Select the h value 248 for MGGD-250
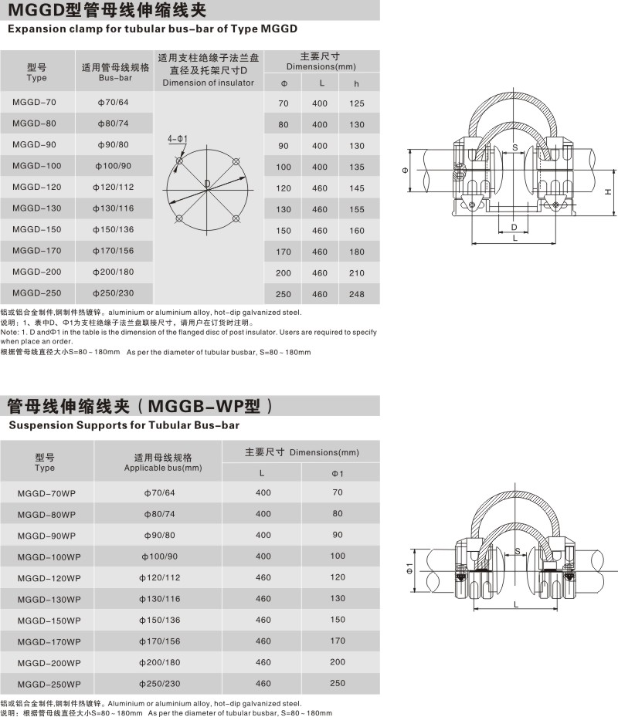[x=356, y=294]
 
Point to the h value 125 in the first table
[x=356, y=103]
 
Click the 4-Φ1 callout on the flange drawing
[x=178, y=138]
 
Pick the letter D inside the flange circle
[x=207, y=182]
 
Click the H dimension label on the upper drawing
[x=608, y=191]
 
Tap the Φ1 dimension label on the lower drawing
[x=409, y=572]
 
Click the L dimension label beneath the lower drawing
[x=514, y=604]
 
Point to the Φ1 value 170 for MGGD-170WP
[x=338, y=641]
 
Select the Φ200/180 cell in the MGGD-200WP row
[x=160, y=662]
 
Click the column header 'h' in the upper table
[x=356, y=83]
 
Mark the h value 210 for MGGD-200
[x=356, y=273]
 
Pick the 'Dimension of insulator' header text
[x=209, y=83]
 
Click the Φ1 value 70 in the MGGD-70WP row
[x=338, y=492]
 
